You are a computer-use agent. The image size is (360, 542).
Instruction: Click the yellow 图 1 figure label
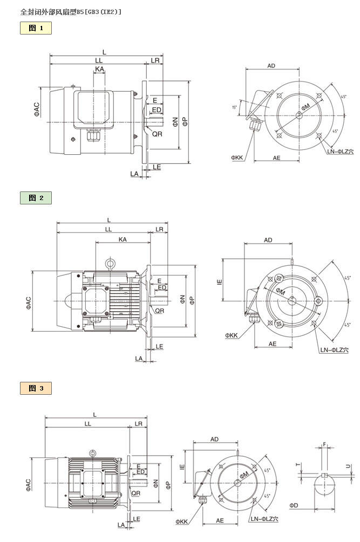(x=36, y=28)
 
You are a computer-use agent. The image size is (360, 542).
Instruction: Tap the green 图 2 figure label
(x=36, y=198)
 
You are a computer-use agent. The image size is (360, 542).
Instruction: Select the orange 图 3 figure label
(x=36, y=388)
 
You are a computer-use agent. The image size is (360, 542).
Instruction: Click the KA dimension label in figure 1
(x=99, y=70)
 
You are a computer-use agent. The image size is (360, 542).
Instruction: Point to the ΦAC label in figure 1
(x=37, y=109)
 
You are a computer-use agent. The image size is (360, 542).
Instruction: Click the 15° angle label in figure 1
(x=234, y=107)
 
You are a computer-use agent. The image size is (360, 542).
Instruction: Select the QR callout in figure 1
(x=157, y=133)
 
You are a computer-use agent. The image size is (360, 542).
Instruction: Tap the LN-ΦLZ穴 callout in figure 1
(x=339, y=152)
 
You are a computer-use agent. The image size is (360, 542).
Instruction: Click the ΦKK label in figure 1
(x=238, y=157)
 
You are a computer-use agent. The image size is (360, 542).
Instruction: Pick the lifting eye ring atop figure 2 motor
(x=110, y=264)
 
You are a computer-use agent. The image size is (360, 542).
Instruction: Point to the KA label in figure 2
(x=123, y=239)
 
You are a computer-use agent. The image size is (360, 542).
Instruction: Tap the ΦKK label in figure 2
(x=232, y=335)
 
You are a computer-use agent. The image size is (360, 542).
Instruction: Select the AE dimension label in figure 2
(x=273, y=344)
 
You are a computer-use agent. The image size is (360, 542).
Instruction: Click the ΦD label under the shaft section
(x=294, y=505)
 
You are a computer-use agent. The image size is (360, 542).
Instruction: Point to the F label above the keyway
(x=324, y=445)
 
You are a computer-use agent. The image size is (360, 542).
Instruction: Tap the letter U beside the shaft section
(x=348, y=465)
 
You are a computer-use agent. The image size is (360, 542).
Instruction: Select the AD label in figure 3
(x=214, y=439)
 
